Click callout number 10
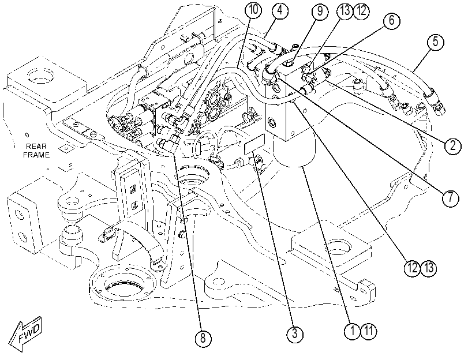click(253, 10)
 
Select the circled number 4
click(280, 10)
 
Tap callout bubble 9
click(320, 12)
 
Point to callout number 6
click(391, 21)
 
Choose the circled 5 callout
click(435, 42)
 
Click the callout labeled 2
click(452, 146)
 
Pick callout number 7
click(450, 198)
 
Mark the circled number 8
click(203, 339)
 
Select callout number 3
click(294, 333)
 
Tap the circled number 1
click(353, 331)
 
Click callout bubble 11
click(369, 331)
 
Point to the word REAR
click(36, 147)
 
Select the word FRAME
click(36, 155)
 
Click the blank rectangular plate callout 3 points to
click(254, 144)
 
